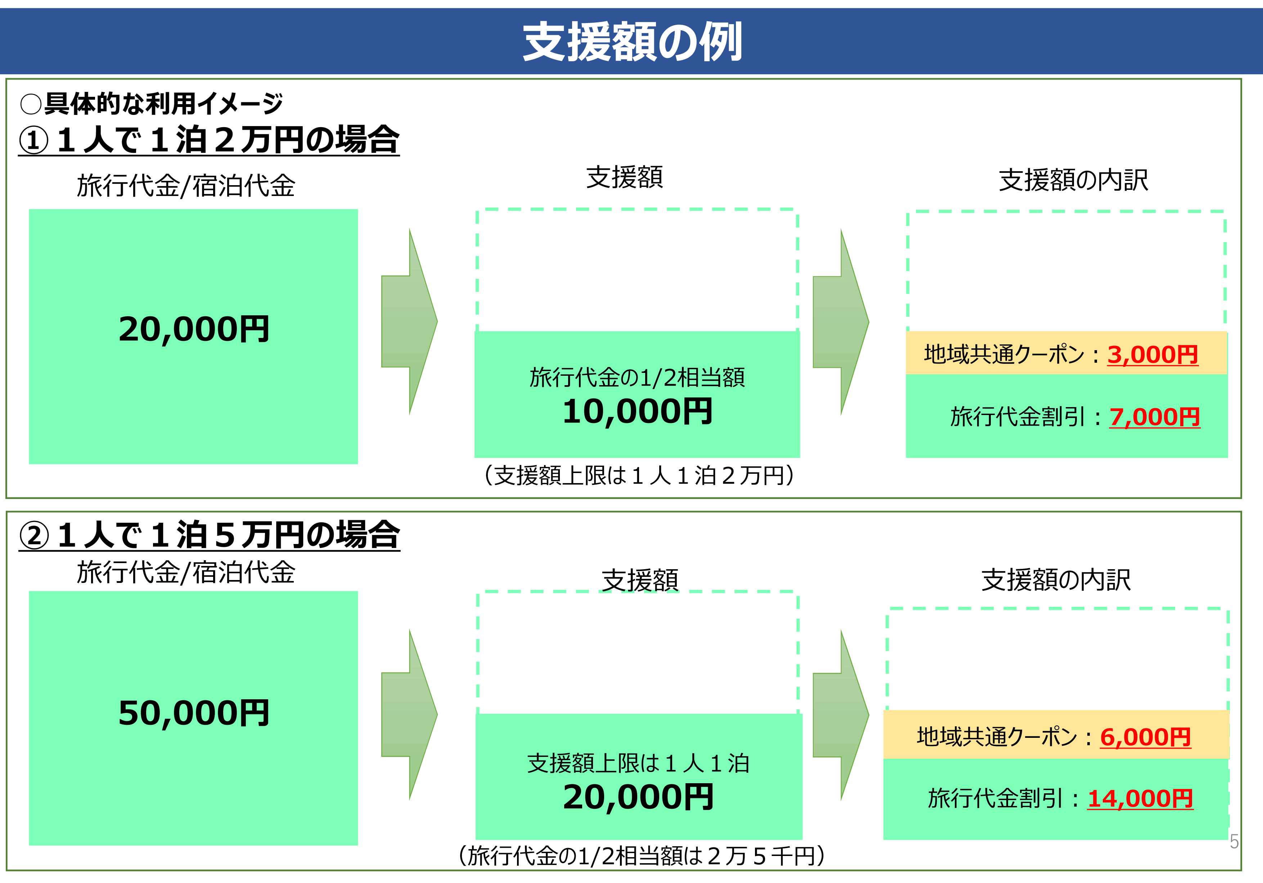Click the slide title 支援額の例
tap(632, 42)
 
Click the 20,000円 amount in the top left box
tap(194, 329)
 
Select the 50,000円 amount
tap(194, 713)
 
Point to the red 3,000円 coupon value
tap(1152, 354)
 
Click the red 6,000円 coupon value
tap(1145, 737)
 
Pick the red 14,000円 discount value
tap(1140, 799)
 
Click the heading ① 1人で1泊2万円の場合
tap(209, 140)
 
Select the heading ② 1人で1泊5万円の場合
tap(209, 535)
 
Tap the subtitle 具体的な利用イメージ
tap(163, 103)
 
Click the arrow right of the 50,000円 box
tap(409, 714)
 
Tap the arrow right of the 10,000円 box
tap(841, 322)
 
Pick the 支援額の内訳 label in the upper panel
tap(1073, 180)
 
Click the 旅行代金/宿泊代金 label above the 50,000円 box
tap(186, 572)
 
